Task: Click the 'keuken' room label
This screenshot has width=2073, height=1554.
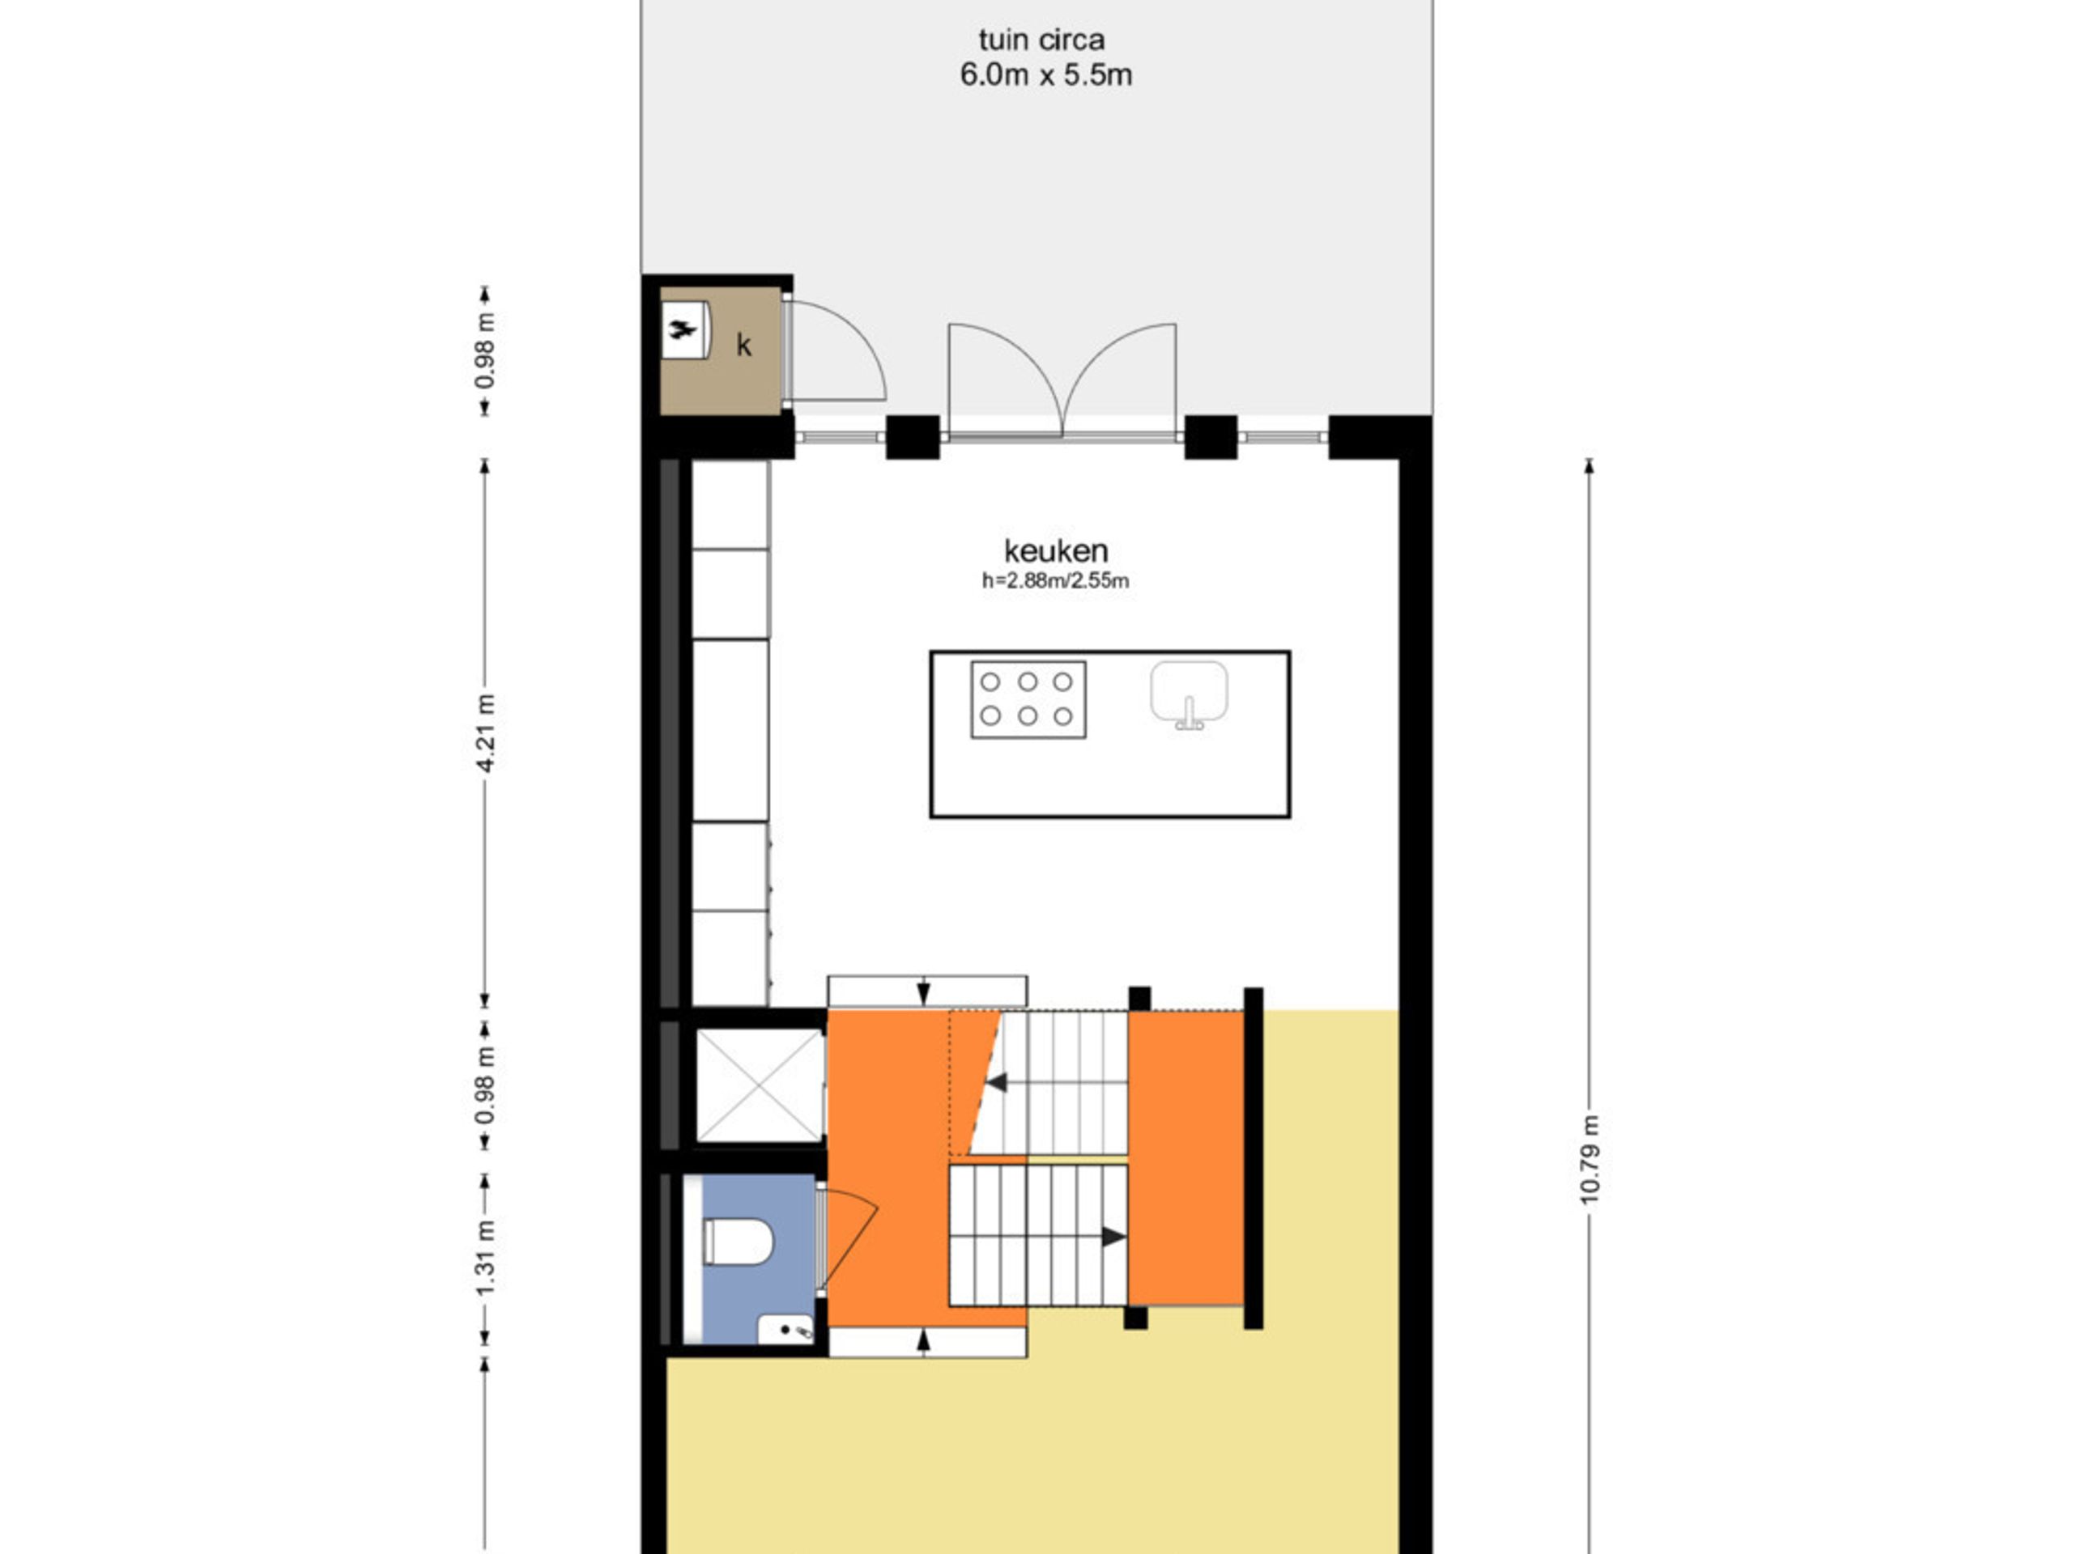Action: [1055, 551]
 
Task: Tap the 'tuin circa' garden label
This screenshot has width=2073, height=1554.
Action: [1041, 40]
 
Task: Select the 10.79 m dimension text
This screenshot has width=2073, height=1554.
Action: [1590, 1160]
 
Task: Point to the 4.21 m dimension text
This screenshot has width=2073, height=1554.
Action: [485, 733]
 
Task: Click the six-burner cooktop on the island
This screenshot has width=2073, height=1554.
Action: [1028, 700]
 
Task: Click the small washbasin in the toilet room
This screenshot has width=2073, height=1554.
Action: [785, 1329]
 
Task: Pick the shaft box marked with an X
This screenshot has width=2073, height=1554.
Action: [759, 1085]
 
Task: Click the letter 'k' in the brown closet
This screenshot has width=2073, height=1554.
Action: [743, 346]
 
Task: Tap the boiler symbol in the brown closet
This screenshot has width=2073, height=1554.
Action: [683, 329]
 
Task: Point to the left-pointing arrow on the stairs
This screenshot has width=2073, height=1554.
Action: [996, 1083]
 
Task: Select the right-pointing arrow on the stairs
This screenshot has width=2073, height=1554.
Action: [1113, 1237]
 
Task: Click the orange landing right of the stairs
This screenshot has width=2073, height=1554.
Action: [1185, 1157]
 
